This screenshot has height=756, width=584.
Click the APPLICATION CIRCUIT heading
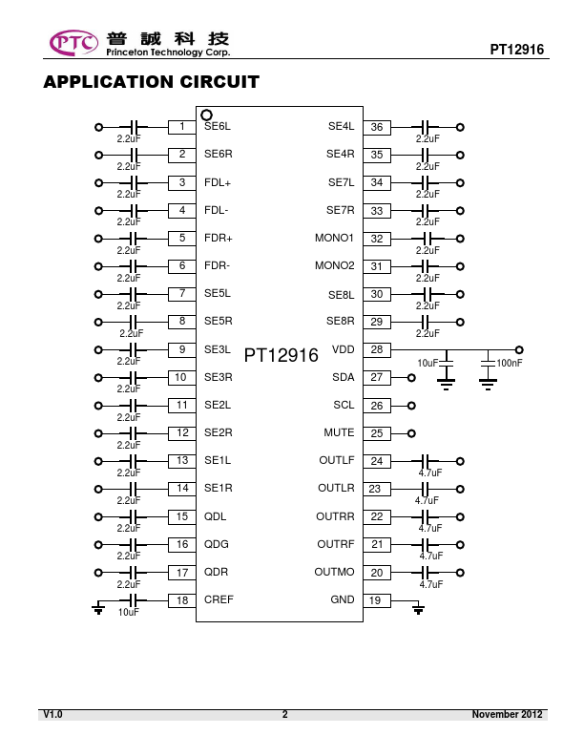pyautogui.click(x=152, y=82)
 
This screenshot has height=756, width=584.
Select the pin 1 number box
pyautogui.click(x=181, y=127)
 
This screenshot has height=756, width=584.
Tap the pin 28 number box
pyautogui.click(x=377, y=349)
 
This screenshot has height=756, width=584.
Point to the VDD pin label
pyautogui.click(x=344, y=349)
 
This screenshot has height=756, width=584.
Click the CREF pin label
pyautogui.click(x=219, y=599)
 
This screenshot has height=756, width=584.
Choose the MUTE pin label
pyautogui.click(x=339, y=432)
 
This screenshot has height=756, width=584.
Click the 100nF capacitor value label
pyautogui.click(x=510, y=363)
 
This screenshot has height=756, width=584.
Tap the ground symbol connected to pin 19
pyautogui.click(x=418, y=608)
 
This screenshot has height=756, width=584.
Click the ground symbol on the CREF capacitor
pyautogui.click(x=98, y=608)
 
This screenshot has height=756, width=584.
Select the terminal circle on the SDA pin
pyautogui.click(x=411, y=377)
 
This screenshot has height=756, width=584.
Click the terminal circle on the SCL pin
pyautogui.click(x=411, y=406)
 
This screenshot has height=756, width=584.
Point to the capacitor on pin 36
pyautogui.click(x=425, y=127)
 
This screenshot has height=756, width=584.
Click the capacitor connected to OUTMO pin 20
pyautogui.click(x=425, y=573)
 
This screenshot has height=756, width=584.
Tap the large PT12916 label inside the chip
pyautogui.click(x=281, y=355)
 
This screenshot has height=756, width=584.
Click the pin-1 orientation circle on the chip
pyautogui.click(x=206, y=115)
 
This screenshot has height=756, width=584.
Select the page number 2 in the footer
pyautogui.click(x=284, y=714)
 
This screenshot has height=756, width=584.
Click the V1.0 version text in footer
pyautogui.click(x=53, y=714)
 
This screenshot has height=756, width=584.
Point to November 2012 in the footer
pyautogui.click(x=507, y=714)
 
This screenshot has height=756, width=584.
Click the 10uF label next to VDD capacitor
pyautogui.click(x=428, y=363)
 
